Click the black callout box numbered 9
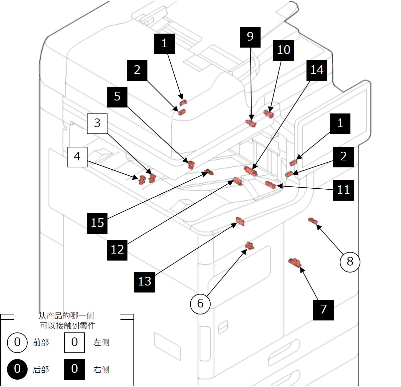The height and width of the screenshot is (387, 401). (x=250, y=37)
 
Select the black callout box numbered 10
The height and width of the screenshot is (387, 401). (x=284, y=50)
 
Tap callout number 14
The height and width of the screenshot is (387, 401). (x=317, y=70)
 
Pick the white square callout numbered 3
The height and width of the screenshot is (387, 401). (x=97, y=123)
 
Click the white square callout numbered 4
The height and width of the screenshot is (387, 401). (x=77, y=157)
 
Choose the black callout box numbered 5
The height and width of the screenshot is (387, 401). (x=117, y=97)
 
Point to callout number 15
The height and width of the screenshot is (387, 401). (x=97, y=223)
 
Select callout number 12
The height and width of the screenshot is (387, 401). (x=117, y=250)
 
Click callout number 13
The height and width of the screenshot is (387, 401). (x=144, y=282)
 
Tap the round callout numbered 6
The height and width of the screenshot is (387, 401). (x=200, y=303)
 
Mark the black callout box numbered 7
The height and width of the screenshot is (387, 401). (x=323, y=310)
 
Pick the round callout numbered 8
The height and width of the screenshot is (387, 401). (x=350, y=262)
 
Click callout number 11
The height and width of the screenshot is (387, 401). (x=343, y=190)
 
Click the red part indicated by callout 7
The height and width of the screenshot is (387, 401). (x=295, y=263)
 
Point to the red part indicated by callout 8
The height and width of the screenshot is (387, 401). (x=313, y=221)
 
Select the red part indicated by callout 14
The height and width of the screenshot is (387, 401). (x=250, y=171)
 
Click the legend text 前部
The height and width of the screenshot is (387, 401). (x=41, y=342)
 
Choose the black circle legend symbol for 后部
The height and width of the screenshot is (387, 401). (x=17, y=369)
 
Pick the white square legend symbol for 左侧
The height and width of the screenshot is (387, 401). (x=75, y=342)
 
